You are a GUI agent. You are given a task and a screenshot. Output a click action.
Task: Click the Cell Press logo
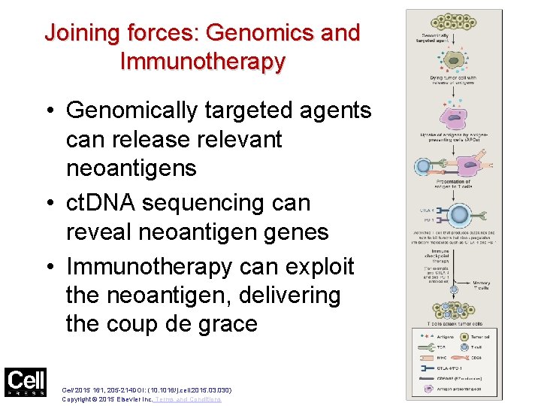25,382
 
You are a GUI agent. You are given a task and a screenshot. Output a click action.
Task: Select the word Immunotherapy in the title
202,62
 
